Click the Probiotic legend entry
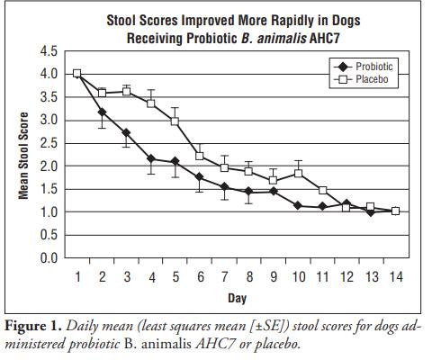point(363,67)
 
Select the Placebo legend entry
point(361,79)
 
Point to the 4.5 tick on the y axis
point(49,51)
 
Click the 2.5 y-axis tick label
point(49,143)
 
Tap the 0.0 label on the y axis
point(49,258)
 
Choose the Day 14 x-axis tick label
point(396,276)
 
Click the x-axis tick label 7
point(225,276)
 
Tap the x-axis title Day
point(237,298)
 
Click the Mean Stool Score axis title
point(23,156)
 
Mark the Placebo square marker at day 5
point(175,121)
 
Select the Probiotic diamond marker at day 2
point(102,112)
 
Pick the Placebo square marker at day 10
point(298,174)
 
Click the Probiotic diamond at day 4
point(151,158)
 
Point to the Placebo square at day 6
point(200,156)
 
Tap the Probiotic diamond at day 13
point(371,212)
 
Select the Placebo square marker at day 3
point(127,92)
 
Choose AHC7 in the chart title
point(324,39)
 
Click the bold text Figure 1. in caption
point(33,326)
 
